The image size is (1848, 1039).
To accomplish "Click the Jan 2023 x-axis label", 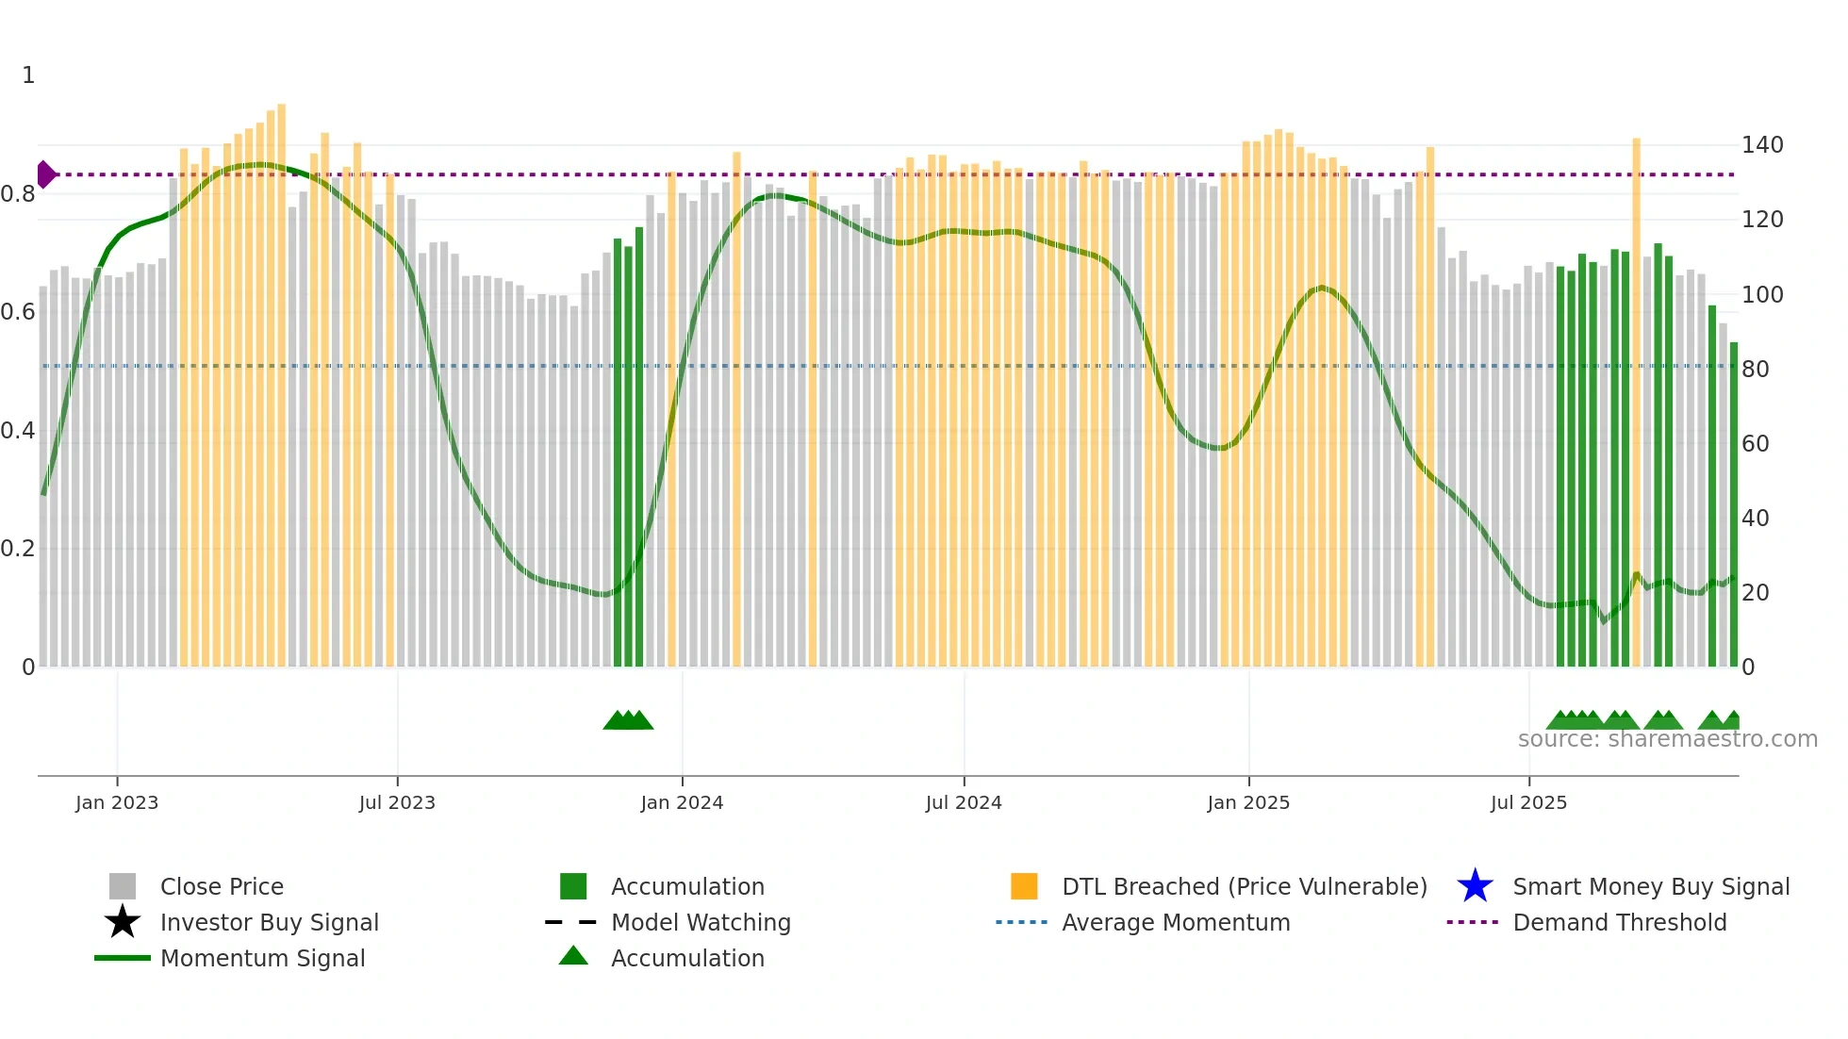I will coord(117,803).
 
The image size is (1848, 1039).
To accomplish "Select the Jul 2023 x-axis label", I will coord(397,803).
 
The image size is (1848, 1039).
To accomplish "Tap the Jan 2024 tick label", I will coord(682,803).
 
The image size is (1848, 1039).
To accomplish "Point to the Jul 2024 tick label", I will coord(964,803).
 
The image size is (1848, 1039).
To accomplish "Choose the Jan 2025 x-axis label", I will coord(1248,803).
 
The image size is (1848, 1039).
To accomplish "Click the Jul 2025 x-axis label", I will coord(1528,803).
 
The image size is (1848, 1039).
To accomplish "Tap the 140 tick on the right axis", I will coord(1762,145).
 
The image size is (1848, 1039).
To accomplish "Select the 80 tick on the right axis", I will coord(1756,370).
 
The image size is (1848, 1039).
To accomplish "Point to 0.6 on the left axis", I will coord(18,312).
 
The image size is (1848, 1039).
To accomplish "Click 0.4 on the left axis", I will coord(18,431).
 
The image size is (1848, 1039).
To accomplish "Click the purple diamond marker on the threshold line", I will coord(45,174).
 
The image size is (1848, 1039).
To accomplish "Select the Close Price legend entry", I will coord(222,887).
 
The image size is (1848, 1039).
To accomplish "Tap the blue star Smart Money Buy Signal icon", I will coord(1475,886).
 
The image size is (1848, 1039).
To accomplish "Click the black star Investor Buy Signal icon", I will coord(123,922).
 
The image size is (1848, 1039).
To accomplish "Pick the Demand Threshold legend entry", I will coord(1619,923).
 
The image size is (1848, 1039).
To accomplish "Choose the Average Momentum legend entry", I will coord(1176,923).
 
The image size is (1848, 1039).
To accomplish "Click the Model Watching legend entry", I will coord(701,923).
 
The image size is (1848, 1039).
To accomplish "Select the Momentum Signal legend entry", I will coord(262,959).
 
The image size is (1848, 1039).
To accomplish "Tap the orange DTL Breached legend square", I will coord(1024,886).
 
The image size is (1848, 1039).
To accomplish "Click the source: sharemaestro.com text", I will coord(1667,739).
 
